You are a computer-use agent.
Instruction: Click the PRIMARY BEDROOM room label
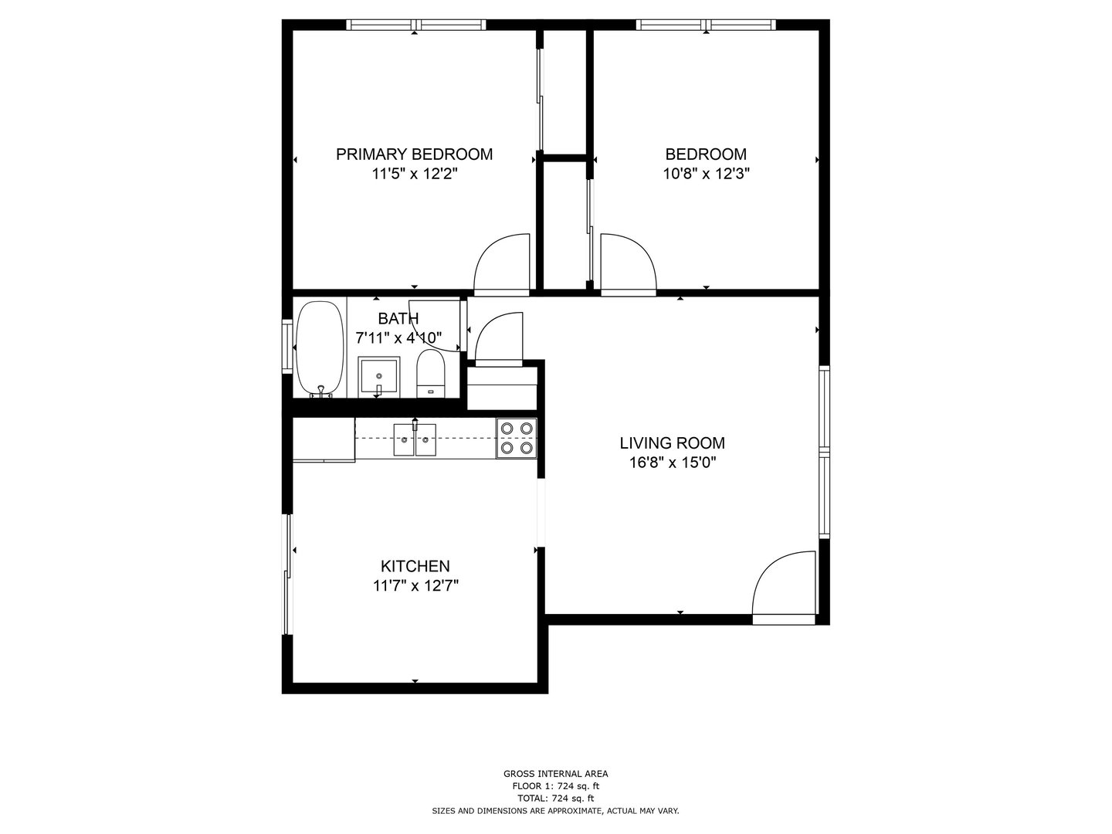(x=414, y=154)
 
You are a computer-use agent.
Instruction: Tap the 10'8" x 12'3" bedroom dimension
(x=706, y=175)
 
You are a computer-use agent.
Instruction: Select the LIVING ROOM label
(x=672, y=443)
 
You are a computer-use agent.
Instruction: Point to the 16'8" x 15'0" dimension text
(x=672, y=463)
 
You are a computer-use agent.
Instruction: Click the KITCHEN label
(x=415, y=566)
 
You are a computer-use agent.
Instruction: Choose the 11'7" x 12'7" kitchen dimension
(x=415, y=586)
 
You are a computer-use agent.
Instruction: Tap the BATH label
(x=398, y=318)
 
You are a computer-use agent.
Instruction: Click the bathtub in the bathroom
(x=320, y=348)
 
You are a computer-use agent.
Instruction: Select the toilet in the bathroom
(x=431, y=374)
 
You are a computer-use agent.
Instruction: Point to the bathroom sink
(x=378, y=377)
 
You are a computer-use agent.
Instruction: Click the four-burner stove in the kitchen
(x=516, y=438)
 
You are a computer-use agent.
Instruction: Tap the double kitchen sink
(x=415, y=439)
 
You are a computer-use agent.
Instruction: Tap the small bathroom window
(x=287, y=347)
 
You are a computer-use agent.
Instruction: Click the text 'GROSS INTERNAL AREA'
(x=555, y=774)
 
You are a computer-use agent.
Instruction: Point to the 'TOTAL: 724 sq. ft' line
(x=555, y=798)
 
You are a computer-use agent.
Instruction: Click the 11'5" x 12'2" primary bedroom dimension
(x=415, y=175)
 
